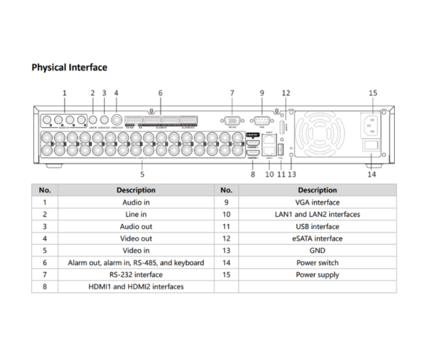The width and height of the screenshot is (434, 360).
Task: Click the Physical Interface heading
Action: (x=69, y=67)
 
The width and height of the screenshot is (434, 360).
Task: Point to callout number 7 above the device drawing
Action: (x=231, y=93)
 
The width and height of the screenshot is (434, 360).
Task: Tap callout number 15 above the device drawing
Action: (x=373, y=93)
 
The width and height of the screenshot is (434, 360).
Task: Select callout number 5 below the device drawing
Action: (x=142, y=174)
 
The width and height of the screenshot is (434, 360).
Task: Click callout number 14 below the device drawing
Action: (x=373, y=174)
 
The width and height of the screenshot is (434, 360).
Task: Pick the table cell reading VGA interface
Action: (x=317, y=202)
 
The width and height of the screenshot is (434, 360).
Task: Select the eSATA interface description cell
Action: (x=317, y=238)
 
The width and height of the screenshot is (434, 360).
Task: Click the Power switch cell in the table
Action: (x=317, y=262)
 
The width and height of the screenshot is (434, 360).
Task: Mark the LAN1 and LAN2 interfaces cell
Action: (x=317, y=215)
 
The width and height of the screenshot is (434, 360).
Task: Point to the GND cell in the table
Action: (x=317, y=250)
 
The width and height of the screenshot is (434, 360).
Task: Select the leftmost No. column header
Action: (x=45, y=190)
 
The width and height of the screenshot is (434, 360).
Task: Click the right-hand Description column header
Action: (x=317, y=190)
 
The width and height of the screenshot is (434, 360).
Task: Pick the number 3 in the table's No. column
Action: (x=45, y=226)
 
